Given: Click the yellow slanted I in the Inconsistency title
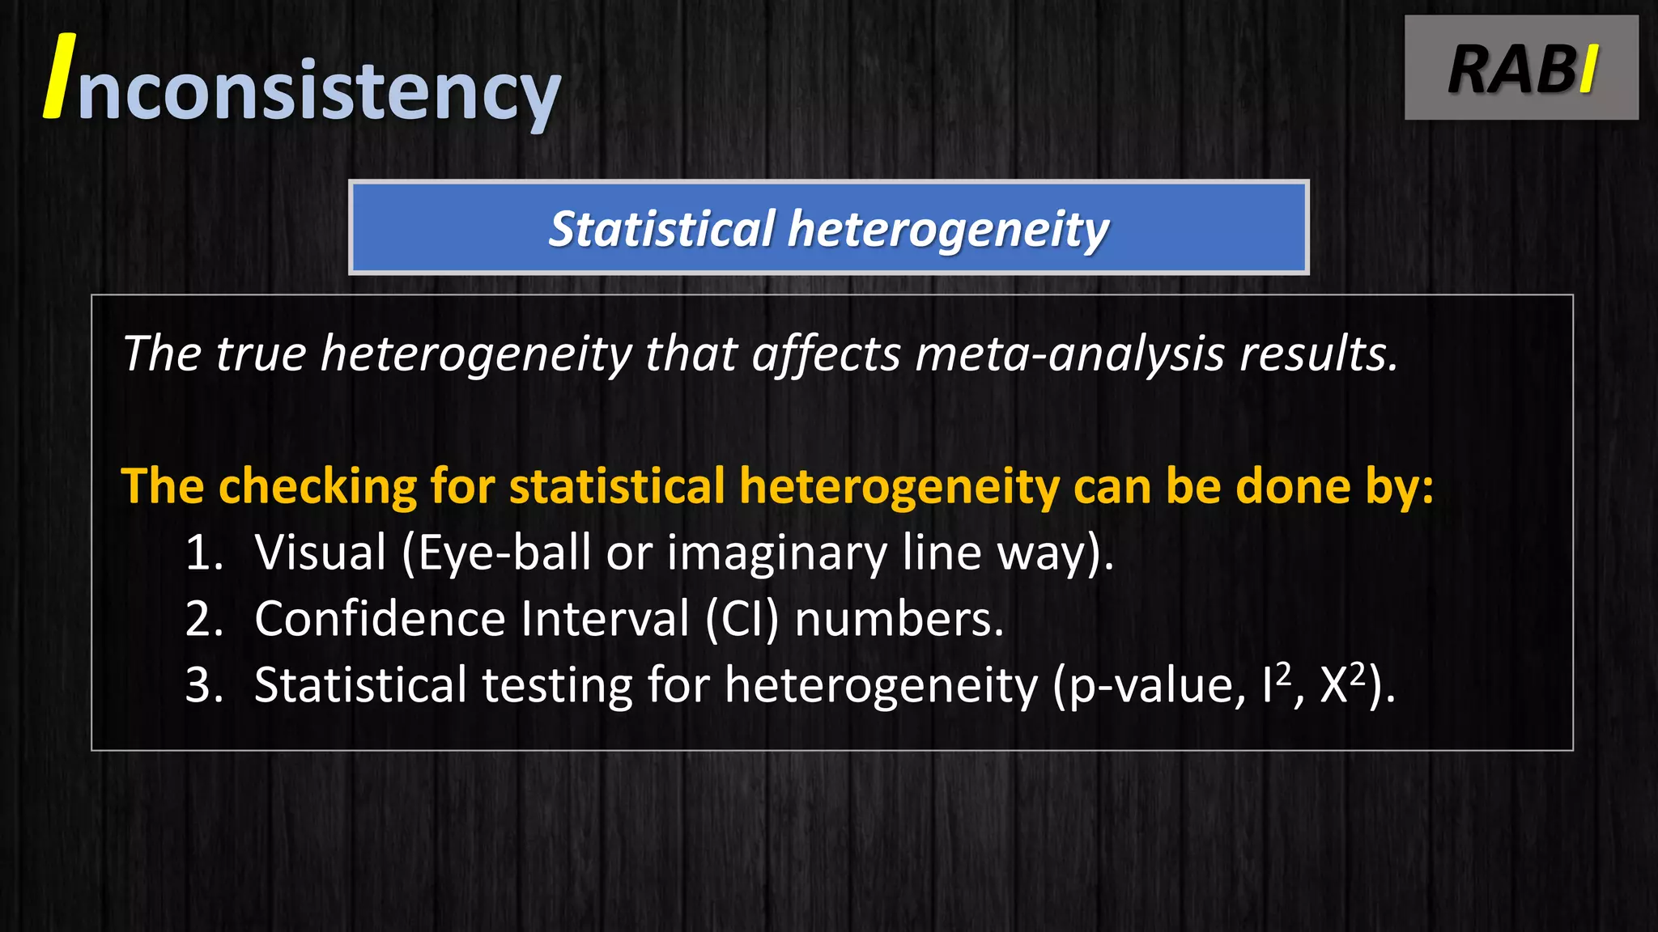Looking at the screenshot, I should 60,77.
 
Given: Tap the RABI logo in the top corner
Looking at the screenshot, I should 1521,68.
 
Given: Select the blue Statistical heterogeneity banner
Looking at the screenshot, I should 828,227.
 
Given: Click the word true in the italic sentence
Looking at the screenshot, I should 261,354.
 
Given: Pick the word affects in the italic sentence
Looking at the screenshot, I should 826,354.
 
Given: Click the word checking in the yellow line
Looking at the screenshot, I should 317,486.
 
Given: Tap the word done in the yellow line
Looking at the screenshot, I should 1293,486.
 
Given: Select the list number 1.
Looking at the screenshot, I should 203,553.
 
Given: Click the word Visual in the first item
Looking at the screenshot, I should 321,553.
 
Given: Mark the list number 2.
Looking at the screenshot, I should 203,619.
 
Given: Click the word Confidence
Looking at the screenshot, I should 380,619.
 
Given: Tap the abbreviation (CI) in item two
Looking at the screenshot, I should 742,620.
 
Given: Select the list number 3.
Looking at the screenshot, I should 203,685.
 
